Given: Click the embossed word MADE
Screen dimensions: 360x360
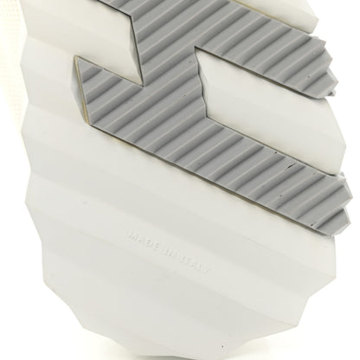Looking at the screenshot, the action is [144, 240].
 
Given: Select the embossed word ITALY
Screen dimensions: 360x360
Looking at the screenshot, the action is [195, 262].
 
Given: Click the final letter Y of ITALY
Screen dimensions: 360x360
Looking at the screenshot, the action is [205, 269].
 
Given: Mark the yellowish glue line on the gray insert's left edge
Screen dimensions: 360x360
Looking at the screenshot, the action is [81, 89].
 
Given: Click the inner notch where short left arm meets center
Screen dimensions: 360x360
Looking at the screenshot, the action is [143, 84].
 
